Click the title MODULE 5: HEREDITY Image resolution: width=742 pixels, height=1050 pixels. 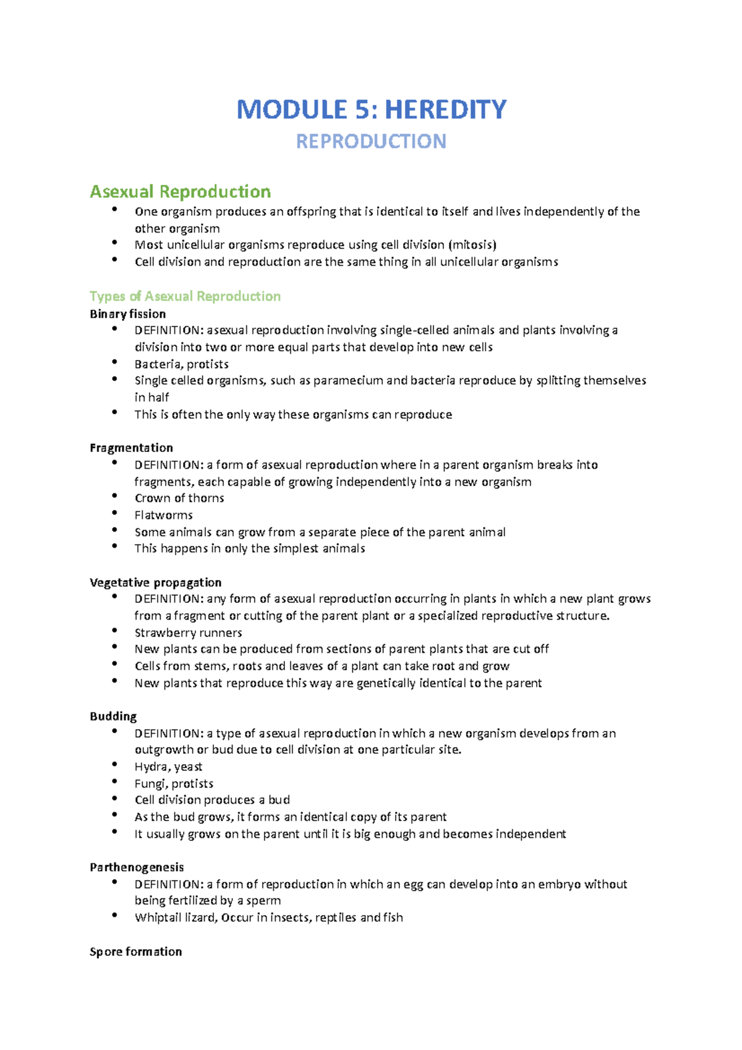coord(371,109)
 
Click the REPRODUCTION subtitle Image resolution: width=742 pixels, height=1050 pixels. coord(371,142)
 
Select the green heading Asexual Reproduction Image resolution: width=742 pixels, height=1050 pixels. coord(180,192)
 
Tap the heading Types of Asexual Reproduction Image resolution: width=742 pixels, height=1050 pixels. coord(185,296)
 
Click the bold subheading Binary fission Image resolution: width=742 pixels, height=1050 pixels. coord(127,314)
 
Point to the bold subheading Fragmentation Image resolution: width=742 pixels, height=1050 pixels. coord(131,448)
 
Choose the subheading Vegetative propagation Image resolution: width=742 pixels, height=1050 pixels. coord(155,583)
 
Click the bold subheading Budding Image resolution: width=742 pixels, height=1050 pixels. coord(113,717)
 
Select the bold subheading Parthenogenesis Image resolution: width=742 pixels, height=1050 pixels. coord(137,868)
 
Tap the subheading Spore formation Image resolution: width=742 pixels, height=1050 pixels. coord(135,952)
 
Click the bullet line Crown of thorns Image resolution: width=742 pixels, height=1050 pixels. coord(179,498)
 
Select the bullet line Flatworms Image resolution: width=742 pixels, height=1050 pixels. coord(163,515)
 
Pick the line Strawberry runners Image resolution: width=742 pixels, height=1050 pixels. coord(188,633)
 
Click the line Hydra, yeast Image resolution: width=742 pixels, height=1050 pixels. coord(168,767)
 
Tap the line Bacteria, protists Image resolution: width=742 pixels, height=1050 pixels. coord(181,364)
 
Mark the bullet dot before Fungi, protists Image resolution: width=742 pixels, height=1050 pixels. coord(114,782)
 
